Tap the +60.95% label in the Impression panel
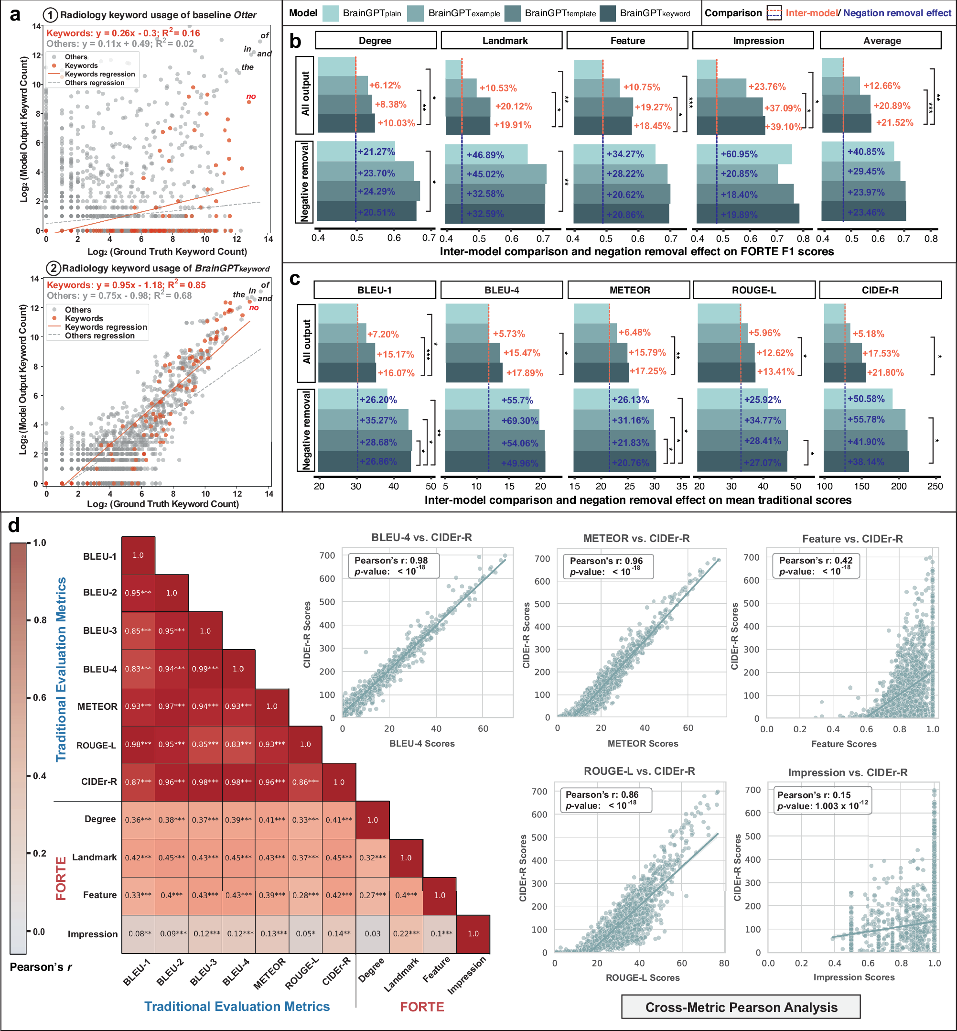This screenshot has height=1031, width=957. click(x=739, y=154)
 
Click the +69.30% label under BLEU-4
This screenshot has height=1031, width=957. click(x=519, y=421)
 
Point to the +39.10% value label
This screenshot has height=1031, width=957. click(x=784, y=126)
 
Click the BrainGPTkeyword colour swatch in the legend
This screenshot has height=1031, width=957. click(x=607, y=13)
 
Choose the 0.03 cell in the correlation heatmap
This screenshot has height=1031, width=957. click(x=372, y=933)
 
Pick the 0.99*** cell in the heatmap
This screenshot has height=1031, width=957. click(x=205, y=669)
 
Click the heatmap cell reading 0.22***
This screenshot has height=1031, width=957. click(x=406, y=933)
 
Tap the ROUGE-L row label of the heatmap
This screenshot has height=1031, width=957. click(x=97, y=745)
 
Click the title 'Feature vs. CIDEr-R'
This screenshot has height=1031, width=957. click(x=852, y=539)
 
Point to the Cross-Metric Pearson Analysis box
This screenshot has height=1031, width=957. click(x=741, y=1007)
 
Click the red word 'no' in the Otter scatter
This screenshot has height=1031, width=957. click(x=251, y=97)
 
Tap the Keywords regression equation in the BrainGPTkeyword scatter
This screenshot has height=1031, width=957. click(x=126, y=285)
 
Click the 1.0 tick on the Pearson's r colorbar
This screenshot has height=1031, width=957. click(x=39, y=543)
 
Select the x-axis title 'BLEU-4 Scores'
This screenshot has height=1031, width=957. click(x=421, y=743)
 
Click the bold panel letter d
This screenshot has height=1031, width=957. click(x=14, y=525)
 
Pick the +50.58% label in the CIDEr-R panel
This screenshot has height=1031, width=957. click(x=866, y=399)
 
